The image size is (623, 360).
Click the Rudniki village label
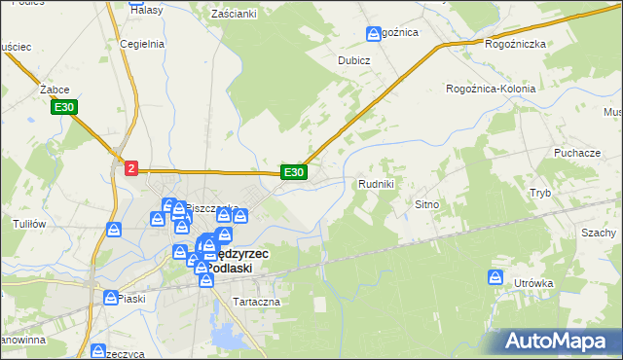pyautogui.click(x=376, y=184)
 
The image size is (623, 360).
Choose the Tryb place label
pyautogui.click(x=539, y=193)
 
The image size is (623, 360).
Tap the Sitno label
pyautogui.click(x=428, y=205)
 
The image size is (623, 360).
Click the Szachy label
pyautogui.click(x=599, y=234)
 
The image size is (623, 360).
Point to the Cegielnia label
pyautogui.click(x=139, y=44)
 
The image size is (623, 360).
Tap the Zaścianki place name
pyautogui.click(x=234, y=14)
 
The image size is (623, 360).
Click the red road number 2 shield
pyautogui.click(x=131, y=168)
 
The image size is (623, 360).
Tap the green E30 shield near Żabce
pyautogui.click(x=65, y=107)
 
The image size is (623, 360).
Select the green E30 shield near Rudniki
pyautogui.click(x=294, y=172)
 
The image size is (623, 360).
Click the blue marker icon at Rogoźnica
pyautogui.click(x=374, y=35)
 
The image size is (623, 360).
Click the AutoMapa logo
pyautogui.click(x=560, y=341)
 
